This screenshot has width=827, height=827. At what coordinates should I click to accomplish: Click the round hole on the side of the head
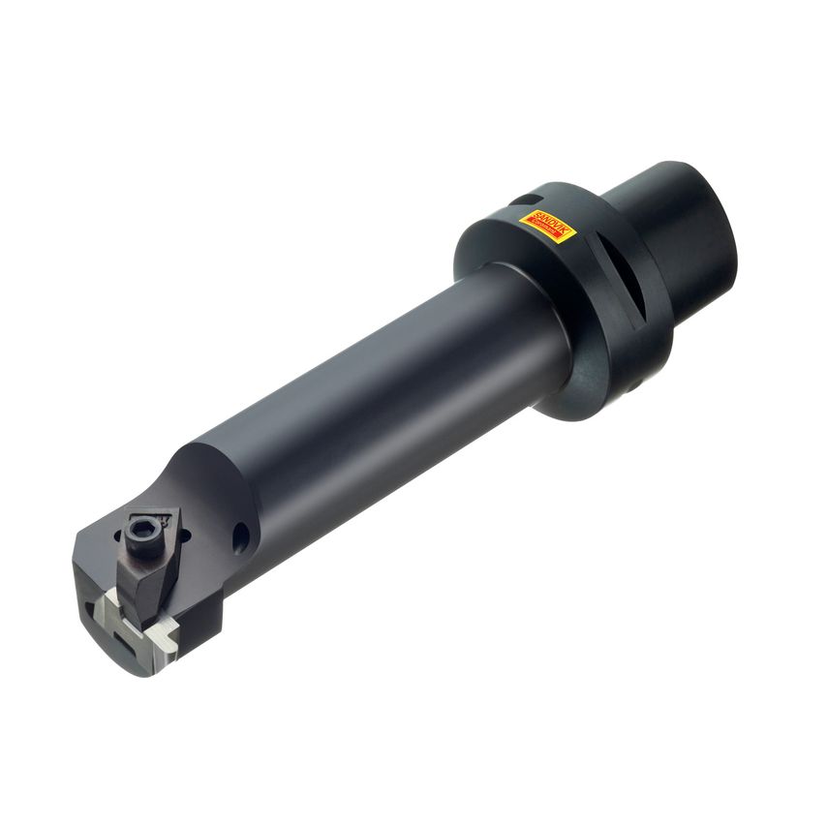coord(239,536)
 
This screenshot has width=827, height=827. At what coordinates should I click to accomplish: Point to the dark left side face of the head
coord(87,591)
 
